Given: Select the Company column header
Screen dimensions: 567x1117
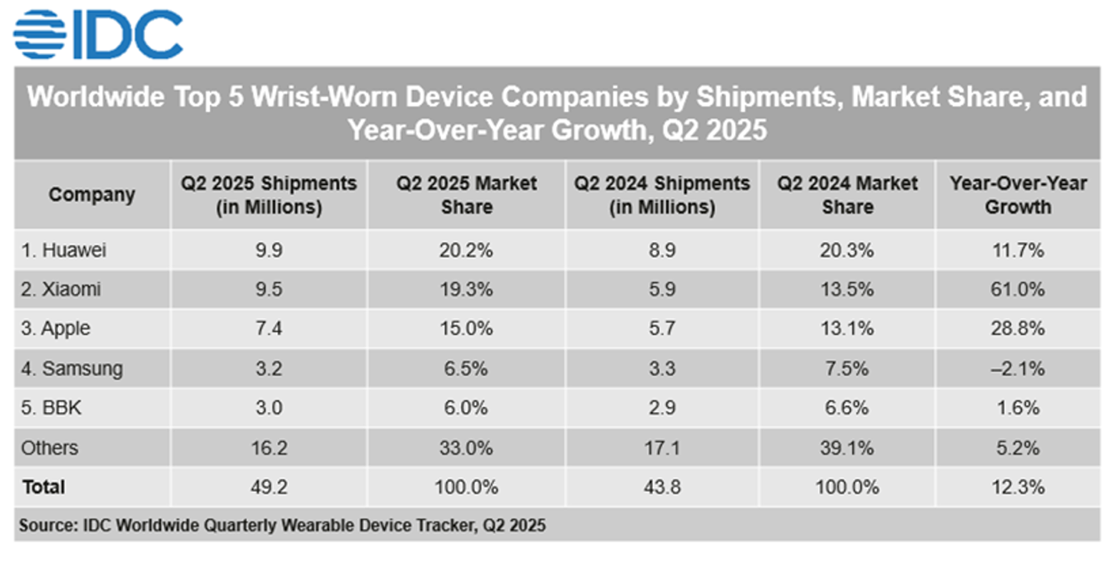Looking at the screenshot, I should [x=92, y=195].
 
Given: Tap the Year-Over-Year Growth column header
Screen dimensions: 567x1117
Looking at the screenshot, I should [x=1018, y=195].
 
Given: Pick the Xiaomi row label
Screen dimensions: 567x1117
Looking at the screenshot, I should [x=63, y=289].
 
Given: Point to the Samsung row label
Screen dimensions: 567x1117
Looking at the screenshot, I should [x=72, y=369].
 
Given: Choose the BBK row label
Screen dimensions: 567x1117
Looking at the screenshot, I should [x=51, y=408].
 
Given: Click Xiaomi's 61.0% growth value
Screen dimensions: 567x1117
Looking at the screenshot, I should [x=1017, y=289].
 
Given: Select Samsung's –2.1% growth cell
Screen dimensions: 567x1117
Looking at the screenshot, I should [x=1017, y=369].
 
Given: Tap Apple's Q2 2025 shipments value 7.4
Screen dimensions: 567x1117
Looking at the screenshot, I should [x=268, y=329].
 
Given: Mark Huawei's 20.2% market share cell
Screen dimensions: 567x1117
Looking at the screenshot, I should [x=466, y=249].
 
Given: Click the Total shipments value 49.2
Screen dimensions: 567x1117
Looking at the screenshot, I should [x=268, y=487].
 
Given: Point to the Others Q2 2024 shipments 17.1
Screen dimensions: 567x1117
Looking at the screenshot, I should [x=662, y=448].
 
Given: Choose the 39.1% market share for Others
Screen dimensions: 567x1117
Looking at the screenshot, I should [x=847, y=448].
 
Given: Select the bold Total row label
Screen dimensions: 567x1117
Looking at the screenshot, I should [x=43, y=487].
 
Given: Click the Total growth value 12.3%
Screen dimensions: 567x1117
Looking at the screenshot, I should [x=1017, y=487].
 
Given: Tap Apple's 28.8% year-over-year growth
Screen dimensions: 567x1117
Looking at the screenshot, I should [x=1017, y=329].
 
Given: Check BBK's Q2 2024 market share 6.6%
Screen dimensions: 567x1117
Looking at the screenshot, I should [x=847, y=408].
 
